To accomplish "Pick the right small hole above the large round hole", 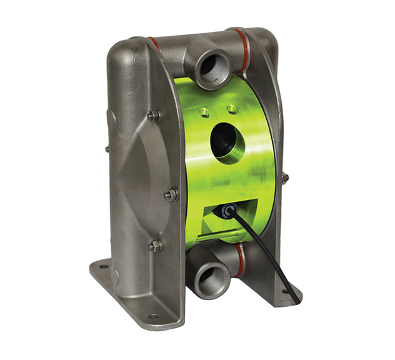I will coord(232,109).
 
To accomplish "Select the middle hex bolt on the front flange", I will coord(170,195).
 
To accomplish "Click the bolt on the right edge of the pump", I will coord(285,178).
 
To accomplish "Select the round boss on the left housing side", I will coord(111,117).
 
